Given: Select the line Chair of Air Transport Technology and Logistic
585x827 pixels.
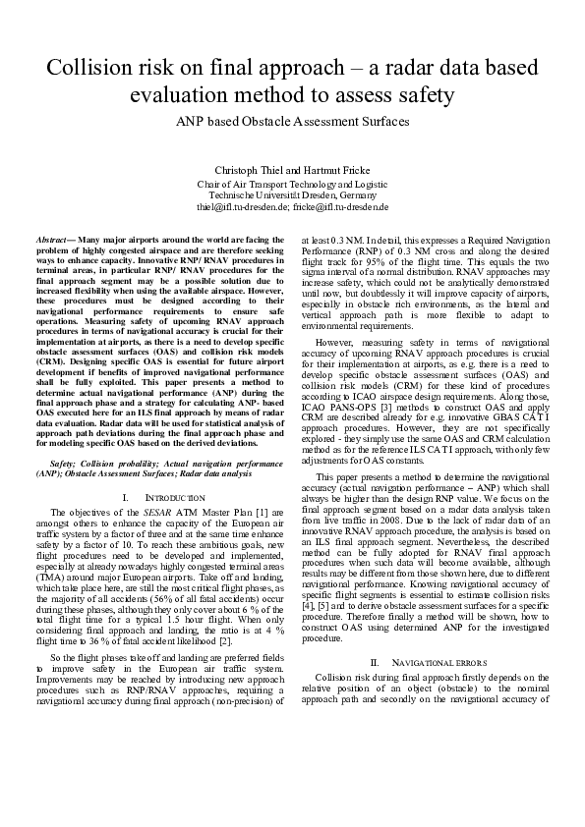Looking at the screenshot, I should (x=292, y=184).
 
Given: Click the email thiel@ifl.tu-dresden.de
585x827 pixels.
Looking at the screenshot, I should (x=243, y=207).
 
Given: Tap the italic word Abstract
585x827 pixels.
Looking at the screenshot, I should (x=57, y=240).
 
